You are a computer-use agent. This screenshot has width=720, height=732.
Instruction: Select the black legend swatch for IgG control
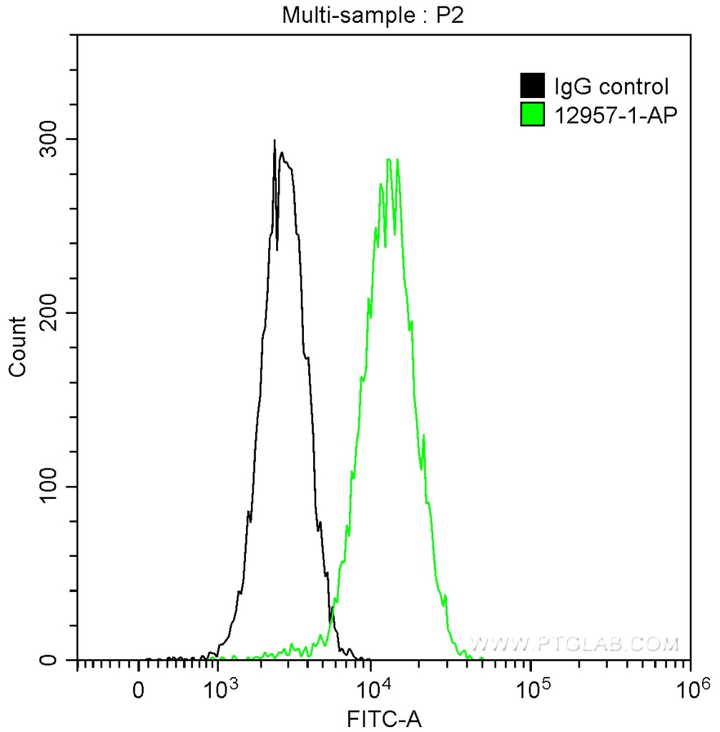(532, 86)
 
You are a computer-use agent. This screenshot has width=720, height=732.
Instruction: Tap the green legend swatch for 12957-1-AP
(532, 114)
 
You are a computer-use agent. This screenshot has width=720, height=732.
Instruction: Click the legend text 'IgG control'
(611, 87)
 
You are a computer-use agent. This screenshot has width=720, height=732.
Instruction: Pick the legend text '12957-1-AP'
(614, 114)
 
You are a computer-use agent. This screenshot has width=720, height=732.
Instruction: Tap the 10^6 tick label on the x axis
(690, 690)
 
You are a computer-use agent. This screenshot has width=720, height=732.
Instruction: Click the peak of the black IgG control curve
(275, 141)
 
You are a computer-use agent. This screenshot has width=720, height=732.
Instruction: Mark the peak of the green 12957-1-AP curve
(388, 159)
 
